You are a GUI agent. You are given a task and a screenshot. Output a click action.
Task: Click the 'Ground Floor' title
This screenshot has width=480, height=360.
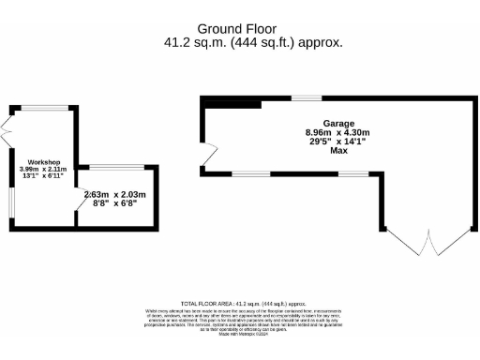(238, 28)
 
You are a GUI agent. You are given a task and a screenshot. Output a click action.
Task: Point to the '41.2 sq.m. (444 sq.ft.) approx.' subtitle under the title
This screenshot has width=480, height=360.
(253, 42)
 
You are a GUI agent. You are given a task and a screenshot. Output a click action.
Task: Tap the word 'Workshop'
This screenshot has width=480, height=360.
(43, 161)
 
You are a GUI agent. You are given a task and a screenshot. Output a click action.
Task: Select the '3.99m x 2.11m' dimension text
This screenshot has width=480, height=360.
(43, 169)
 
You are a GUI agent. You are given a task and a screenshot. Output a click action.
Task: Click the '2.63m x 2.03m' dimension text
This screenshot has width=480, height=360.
(114, 195)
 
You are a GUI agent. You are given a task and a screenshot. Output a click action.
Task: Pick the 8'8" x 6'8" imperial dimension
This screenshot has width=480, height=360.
(115, 203)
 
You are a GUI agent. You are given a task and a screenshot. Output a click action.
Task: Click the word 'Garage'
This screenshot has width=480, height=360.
(338, 124)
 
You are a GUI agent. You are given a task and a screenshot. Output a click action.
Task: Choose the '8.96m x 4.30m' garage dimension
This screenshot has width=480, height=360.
(338, 133)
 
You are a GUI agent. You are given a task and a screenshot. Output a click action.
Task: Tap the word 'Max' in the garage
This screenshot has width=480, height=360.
(338, 151)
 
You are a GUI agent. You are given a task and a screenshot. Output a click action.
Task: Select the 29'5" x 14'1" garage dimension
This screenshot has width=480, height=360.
(338, 142)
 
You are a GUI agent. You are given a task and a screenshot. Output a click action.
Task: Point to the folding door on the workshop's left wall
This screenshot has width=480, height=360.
(6, 131)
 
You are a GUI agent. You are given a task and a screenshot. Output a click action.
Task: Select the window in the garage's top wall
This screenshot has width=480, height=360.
(305, 97)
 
